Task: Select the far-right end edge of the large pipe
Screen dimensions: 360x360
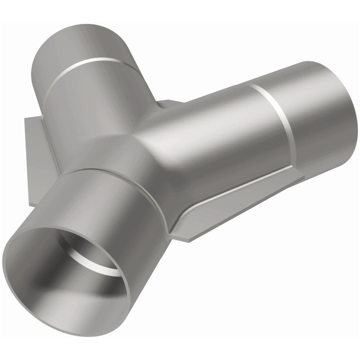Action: tap(349, 117)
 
